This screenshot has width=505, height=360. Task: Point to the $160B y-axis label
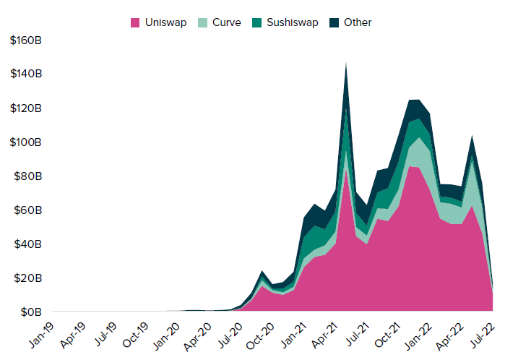pyautogui.click(x=26, y=40)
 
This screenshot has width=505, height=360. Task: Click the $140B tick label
pyautogui.click(x=26, y=74)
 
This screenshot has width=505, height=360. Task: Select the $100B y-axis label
pyautogui.click(x=26, y=142)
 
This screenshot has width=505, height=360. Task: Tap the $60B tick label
pyautogui.click(x=27, y=210)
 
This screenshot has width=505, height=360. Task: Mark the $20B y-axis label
pyautogui.click(x=27, y=278)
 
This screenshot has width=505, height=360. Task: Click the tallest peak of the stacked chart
pyautogui.click(x=346, y=64)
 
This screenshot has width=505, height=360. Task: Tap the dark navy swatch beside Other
pyautogui.click(x=334, y=22)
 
